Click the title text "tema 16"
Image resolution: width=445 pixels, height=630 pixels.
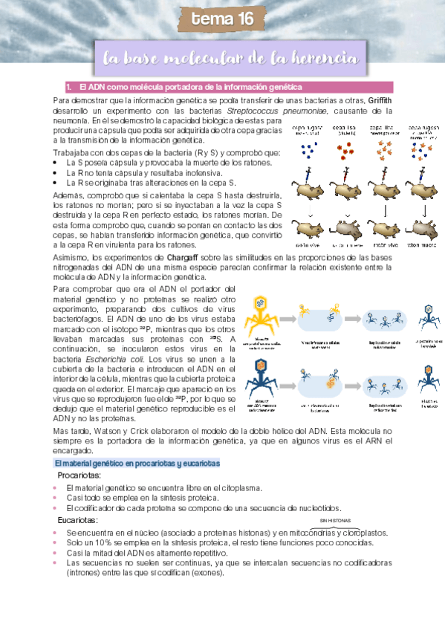tap(223, 20)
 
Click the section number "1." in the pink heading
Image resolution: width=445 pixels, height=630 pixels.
tap(69, 87)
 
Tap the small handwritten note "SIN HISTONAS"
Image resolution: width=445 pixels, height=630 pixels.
tap(335, 522)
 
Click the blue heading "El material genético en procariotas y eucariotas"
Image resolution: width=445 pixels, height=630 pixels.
tap(137, 463)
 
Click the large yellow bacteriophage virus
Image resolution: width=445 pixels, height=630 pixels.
tap(260, 312)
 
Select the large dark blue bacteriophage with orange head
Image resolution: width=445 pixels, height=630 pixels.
tap(260, 375)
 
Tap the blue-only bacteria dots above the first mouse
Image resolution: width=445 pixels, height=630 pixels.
tap(308, 151)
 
